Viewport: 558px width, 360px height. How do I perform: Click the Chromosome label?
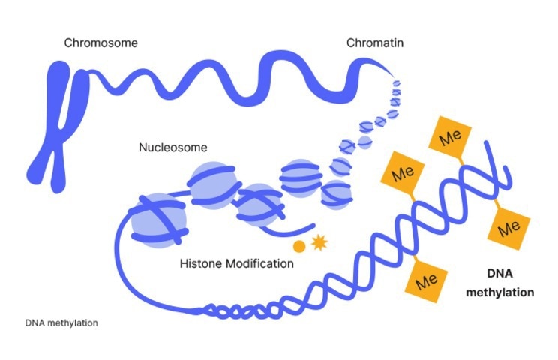click(100, 43)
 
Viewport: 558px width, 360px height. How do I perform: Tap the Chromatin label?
click(375, 43)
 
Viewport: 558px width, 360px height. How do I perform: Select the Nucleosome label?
click(172, 147)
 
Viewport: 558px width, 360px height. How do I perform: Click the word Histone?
click(201, 264)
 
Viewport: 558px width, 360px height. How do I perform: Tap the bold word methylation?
click(500, 292)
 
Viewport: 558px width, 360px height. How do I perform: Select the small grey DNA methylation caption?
click(61, 323)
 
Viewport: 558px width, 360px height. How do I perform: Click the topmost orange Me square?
click(450, 138)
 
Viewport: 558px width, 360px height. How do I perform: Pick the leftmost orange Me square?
click(399, 172)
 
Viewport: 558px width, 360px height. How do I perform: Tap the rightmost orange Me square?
click(510, 226)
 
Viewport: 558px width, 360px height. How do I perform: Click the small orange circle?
click(298, 245)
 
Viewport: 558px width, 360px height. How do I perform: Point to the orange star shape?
click(318, 242)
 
